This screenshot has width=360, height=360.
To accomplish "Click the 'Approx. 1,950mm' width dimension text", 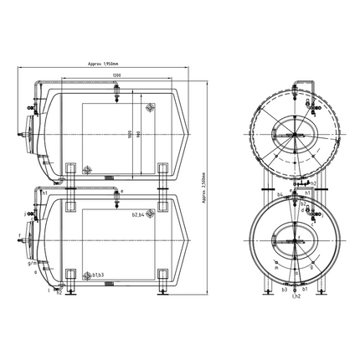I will click(x=103, y=64).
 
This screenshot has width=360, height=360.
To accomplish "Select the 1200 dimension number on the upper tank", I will click(x=115, y=77).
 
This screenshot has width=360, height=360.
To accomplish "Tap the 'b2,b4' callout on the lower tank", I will click(x=136, y=215).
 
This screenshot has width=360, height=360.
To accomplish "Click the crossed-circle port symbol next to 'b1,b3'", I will click(x=85, y=274).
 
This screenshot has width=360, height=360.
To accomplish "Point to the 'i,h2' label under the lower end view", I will click(x=296, y=296).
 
